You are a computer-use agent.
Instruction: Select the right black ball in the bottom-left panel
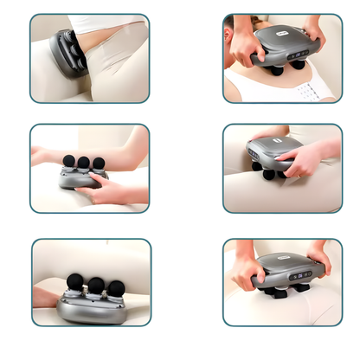(x=116, y=286)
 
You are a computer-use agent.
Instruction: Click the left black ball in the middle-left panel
(x=68, y=160)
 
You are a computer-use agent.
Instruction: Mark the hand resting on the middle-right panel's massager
(x=302, y=157)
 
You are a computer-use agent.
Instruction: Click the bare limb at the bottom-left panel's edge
(x=45, y=297)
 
